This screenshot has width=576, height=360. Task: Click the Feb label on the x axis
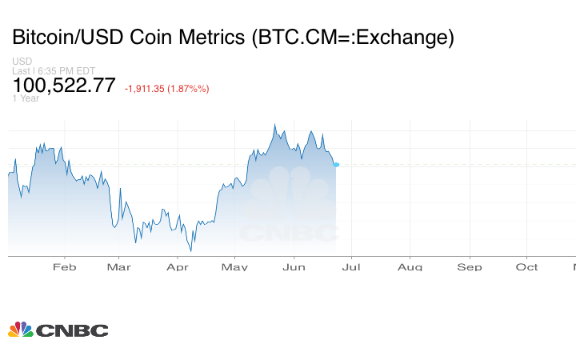(64, 267)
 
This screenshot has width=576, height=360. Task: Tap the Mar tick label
(118, 267)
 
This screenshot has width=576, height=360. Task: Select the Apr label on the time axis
(177, 267)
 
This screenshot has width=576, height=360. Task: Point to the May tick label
(235, 267)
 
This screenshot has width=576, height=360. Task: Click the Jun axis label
(294, 267)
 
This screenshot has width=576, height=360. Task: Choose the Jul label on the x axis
(350, 267)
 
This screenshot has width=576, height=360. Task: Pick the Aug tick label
(410, 267)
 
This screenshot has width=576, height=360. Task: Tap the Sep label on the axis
(470, 267)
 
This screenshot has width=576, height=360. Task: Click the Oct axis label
(527, 267)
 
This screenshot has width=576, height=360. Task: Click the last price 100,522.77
(64, 86)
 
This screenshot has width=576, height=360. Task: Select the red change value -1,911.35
(149, 89)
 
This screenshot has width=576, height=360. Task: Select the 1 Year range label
(26, 98)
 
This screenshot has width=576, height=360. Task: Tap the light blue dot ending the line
(336, 165)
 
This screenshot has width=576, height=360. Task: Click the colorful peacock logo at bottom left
(21, 330)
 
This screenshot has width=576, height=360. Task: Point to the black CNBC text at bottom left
(73, 330)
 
